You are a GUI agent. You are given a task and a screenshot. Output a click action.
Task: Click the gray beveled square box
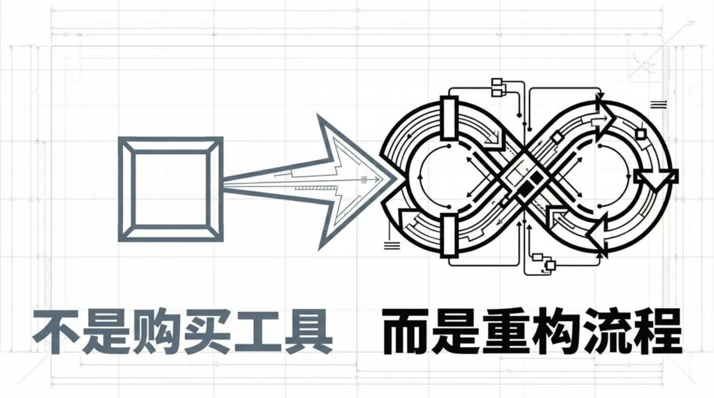pyautogui.click(x=170, y=189)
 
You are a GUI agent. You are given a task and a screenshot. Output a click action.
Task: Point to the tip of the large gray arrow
pyautogui.click(x=395, y=179)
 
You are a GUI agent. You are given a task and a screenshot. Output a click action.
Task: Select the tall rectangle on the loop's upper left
pyautogui.click(x=449, y=119)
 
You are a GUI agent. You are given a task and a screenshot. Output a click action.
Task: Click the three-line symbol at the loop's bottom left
pyautogui.click(x=392, y=245)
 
